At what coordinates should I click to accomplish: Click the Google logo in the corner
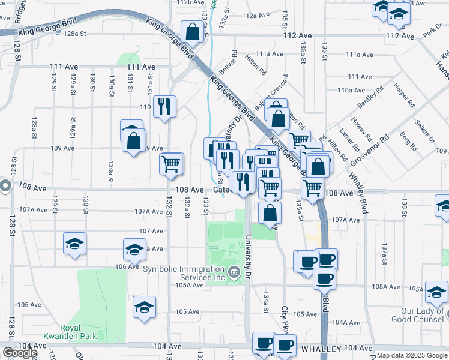click(x=19, y=353)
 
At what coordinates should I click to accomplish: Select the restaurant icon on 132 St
click(x=164, y=107)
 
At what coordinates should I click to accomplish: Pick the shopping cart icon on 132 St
click(x=171, y=164)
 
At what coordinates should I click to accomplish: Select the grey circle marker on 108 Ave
click(x=5, y=186)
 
